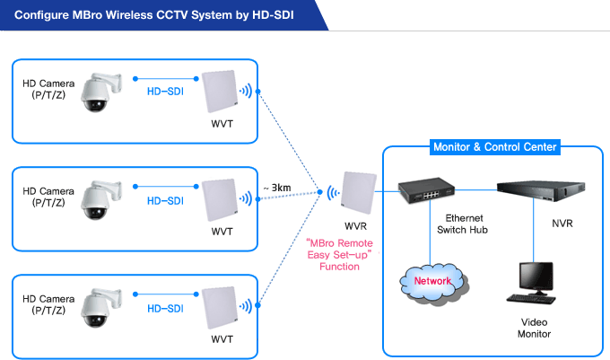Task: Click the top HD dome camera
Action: pyautogui.click(x=101, y=92)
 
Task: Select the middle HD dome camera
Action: pyautogui.click(x=101, y=200)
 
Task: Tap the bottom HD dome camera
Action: pyautogui.click(x=101, y=308)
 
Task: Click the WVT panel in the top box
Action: pyautogui.click(x=220, y=92)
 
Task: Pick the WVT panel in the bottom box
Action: pyautogui.click(x=220, y=307)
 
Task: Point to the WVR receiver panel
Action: pyautogui.click(x=359, y=193)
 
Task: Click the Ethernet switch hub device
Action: pyautogui.click(x=426, y=190)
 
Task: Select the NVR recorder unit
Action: pyautogui.click(x=541, y=190)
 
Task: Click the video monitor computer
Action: pyautogui.click(x=532, y=283)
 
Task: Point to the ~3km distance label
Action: pyautogui.click(x=277, y=188)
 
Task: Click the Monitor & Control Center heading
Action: pyautogui.click(x=495, y=147)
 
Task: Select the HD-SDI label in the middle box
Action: pyautogui.click(x=165, y=201)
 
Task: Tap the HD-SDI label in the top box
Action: pyautogui.click(x=165, y=92)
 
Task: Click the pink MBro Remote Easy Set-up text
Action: pyautogui.click(x=340, y=255)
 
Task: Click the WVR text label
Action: pyautogui.click(x=355, y=226)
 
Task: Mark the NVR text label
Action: pyautogui.click(x=562, y=224)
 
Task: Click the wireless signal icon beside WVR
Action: pyautogui.click(x=333, y=193)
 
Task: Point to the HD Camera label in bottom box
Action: pyautogui.click(x=48, y=304)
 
